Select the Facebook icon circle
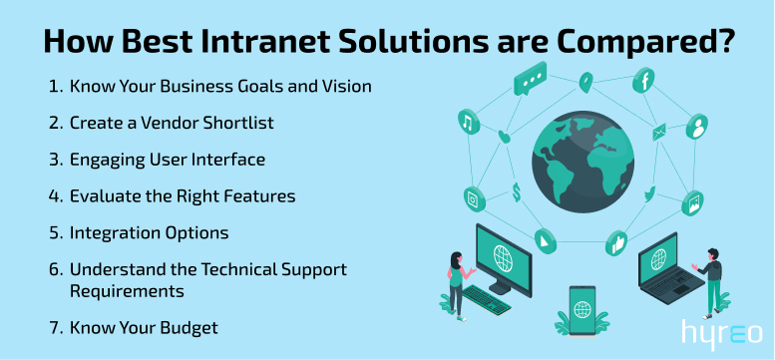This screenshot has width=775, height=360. pyautogui.click(x=644, y=80)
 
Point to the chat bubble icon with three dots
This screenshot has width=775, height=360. pyautogui.click(x=530, y=79)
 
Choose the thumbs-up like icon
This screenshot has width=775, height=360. pyautogui.click(x=617, y=241)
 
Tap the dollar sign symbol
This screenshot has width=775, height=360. pyautogui.click(x=517, y=192)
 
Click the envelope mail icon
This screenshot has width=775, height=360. pyautogui.click(x=659, y=133)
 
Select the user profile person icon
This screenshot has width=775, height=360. pyautogui.click(x=698, y=126)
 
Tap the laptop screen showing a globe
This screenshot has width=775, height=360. pyautogui.click(x=658, y=261)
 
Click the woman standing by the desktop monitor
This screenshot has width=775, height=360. pyautogui.click(x=454, y=282)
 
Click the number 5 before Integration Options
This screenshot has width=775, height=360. pyautogui.click(x=54, y=232)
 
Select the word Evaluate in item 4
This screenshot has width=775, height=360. pyautogui.click(x=103, y=195)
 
